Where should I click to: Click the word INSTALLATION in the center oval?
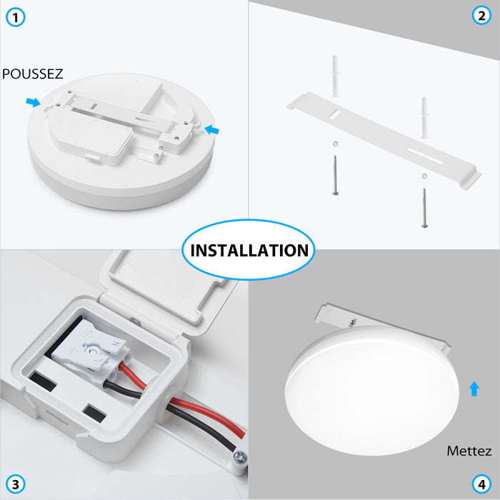click(249, 250)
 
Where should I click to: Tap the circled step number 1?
click(16, 16)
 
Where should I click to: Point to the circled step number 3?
click(16, 484)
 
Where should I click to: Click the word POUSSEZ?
click(33, 74)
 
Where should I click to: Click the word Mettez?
click(469, 451)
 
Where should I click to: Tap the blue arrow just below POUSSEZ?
click(33, 103)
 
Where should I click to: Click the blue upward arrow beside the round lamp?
click(474, 389)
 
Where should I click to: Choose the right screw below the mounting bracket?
click(424, 207)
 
